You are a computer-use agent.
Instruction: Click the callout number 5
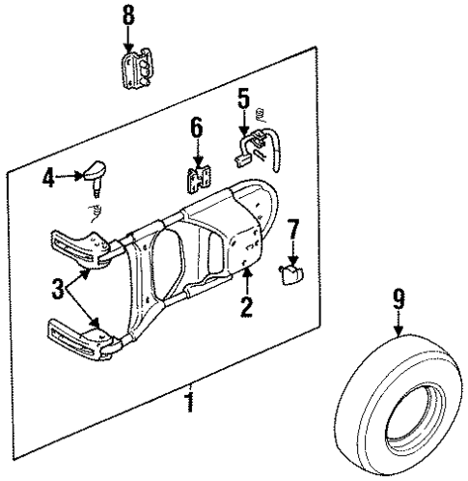(x=244, y=98)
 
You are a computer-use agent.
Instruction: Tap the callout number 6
(x=196, y=127)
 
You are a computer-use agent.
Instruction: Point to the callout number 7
(x=294, y=230)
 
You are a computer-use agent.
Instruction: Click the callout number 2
(x=246, y=307)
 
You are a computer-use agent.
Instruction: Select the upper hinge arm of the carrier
(x=81, y=245)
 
